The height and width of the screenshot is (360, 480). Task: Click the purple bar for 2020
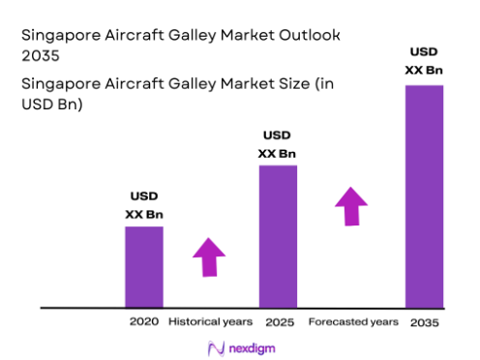click(143, 266)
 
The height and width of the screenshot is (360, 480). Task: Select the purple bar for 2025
click(277, 235)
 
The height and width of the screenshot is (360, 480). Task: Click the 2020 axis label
click(143, 321)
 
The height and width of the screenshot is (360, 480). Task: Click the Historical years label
click(210, 321)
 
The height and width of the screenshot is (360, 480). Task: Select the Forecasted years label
click(352, 321)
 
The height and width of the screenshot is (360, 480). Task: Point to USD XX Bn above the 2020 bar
click(143, 205)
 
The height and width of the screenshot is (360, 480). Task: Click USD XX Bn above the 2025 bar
click(277, 144)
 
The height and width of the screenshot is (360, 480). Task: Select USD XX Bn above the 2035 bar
click(423, 60)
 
